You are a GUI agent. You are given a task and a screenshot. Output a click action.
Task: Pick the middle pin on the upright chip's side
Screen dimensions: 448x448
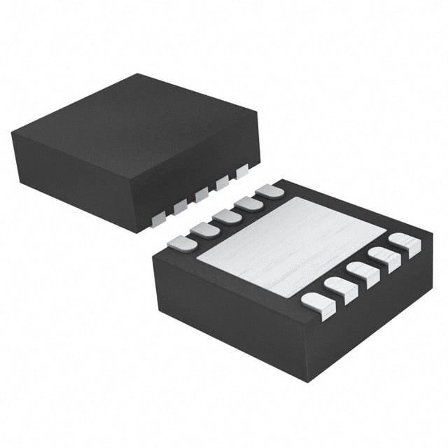point(202,195)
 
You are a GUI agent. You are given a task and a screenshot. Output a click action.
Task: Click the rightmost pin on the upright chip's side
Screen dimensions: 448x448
point(242,171)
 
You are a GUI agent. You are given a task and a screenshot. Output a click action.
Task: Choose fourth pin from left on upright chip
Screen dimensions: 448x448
point(223,183)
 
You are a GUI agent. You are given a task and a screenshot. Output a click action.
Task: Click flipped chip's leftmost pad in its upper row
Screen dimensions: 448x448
point(182,243)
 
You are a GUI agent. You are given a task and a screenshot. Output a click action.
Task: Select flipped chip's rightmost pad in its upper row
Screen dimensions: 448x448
point(269,190)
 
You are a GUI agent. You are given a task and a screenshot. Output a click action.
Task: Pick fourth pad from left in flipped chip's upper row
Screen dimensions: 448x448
point(248,203)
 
